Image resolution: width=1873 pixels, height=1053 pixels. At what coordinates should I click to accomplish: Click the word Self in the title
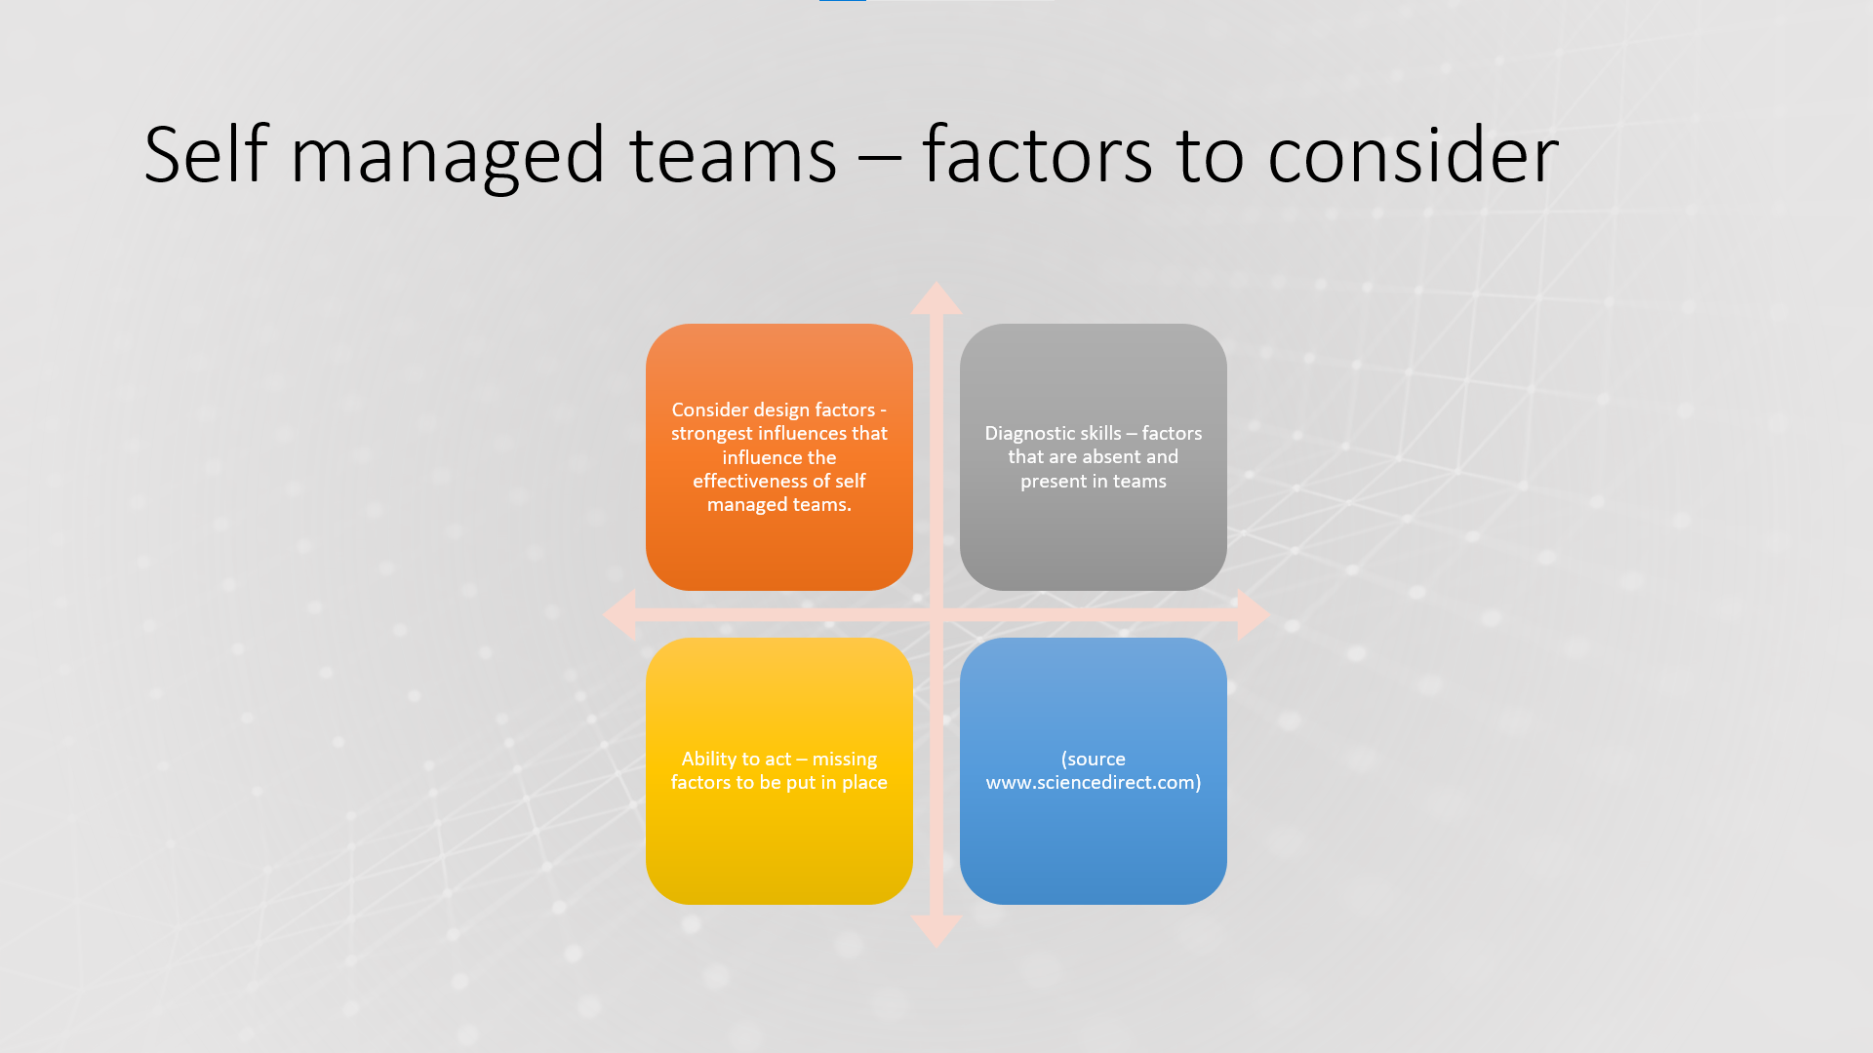[205, 153]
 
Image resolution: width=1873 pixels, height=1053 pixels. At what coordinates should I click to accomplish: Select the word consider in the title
[1413, 153]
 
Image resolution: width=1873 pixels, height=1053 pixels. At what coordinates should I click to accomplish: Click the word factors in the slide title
[1037, 153]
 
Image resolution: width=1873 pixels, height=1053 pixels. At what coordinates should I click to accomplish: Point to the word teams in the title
[733, 156]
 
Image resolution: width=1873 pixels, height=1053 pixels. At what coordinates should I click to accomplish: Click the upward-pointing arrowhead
[936, 298]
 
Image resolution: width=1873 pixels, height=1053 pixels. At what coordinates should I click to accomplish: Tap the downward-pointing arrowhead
[936, 931]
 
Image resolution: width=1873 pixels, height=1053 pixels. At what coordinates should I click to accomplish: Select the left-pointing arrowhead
[619, 614]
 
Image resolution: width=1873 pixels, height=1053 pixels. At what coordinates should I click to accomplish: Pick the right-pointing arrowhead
[1254, 614]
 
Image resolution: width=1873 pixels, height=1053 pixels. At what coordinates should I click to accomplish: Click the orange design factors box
[779, 457]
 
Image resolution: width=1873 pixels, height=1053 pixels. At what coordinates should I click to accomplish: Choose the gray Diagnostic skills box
[1094, 457]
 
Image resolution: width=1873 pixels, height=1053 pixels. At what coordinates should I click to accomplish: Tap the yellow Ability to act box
[779, 771]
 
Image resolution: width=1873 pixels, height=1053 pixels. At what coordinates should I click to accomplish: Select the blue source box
[1094, 771]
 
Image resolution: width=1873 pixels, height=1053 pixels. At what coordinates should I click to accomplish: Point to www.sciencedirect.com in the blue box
[1090, 782]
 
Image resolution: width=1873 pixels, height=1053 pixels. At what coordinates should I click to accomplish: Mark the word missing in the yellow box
[845, 760]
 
